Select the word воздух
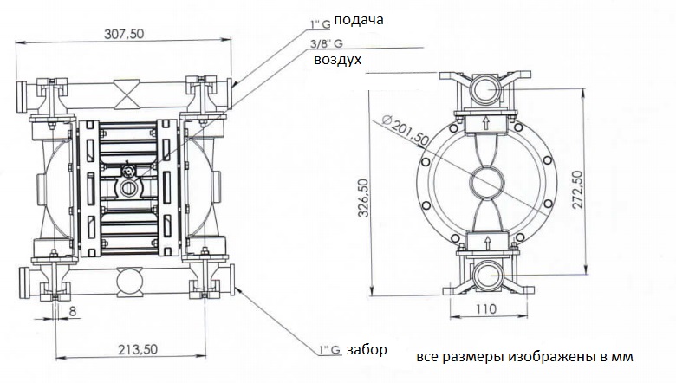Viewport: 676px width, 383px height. click(x=337, y=60)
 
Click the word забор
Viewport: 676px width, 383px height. click(x=365, y=350)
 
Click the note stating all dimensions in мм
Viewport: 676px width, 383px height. click(x=525, y=357)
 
